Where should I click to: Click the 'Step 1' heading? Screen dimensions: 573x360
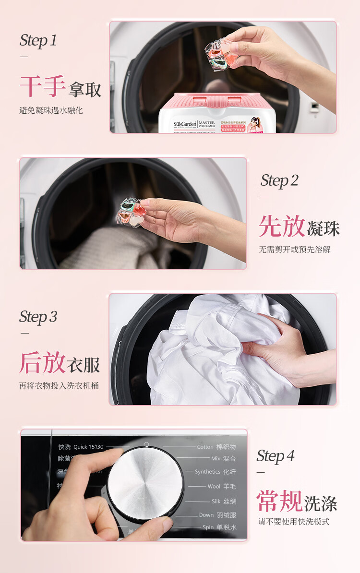click(38, 40)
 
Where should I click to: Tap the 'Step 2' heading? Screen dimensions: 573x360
click(279, 180)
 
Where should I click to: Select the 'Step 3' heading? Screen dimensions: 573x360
click(38, 317)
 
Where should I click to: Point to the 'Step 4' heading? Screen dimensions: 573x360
click(276, 456)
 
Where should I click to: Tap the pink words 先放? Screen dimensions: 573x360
click(282, 227)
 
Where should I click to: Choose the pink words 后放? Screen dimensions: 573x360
click(42, 363)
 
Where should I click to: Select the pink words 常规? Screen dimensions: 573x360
click(280, 501)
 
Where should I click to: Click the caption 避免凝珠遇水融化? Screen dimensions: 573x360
click(51, 110)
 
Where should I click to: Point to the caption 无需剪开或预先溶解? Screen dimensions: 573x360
click(295, 250)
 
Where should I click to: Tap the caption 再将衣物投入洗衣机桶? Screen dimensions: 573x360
click(59, 386)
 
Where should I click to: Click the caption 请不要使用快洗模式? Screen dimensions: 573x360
click(294, 522)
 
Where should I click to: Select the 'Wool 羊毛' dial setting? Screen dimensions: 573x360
click(221, 486)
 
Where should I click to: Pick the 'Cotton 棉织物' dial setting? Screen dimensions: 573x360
click(216, 447)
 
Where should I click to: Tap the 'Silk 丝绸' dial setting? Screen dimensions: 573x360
click(224, 501)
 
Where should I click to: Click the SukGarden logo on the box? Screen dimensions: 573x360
click(184, 124)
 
